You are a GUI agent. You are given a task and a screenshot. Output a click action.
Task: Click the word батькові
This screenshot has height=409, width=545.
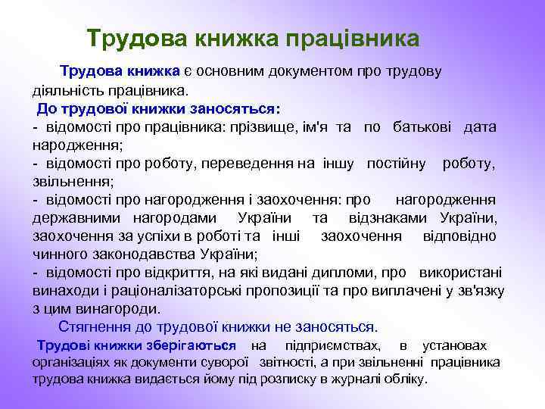click(x=423, y=126)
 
